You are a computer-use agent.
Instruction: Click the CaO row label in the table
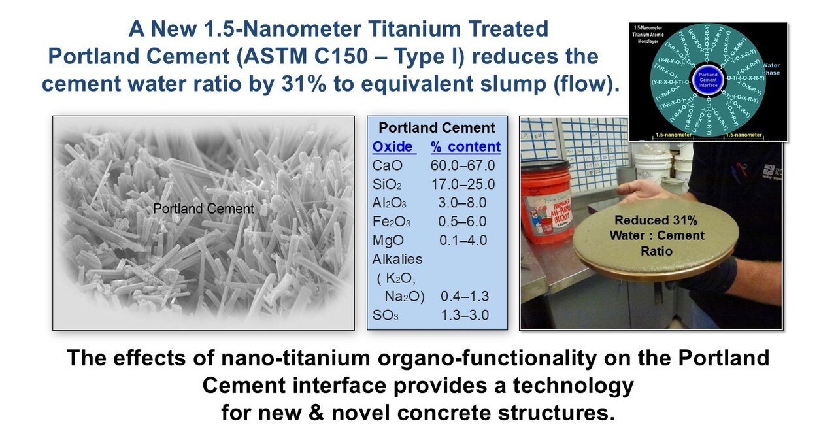click(387, 165)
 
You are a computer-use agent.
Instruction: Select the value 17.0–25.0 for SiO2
click(463, 184)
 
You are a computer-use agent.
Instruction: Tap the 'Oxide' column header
click(393, 146)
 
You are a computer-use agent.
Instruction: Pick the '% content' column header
click(465, 146)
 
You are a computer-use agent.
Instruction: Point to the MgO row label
click(388, 240)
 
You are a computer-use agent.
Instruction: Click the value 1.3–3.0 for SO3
click(465, 315)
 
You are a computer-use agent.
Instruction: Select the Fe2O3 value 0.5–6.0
click(463, 222)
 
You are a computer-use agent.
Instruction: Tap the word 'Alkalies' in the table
click(397, 259)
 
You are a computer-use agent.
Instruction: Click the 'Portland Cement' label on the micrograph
click(203, 209)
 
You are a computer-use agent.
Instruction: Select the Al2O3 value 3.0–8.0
click(463, 203)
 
